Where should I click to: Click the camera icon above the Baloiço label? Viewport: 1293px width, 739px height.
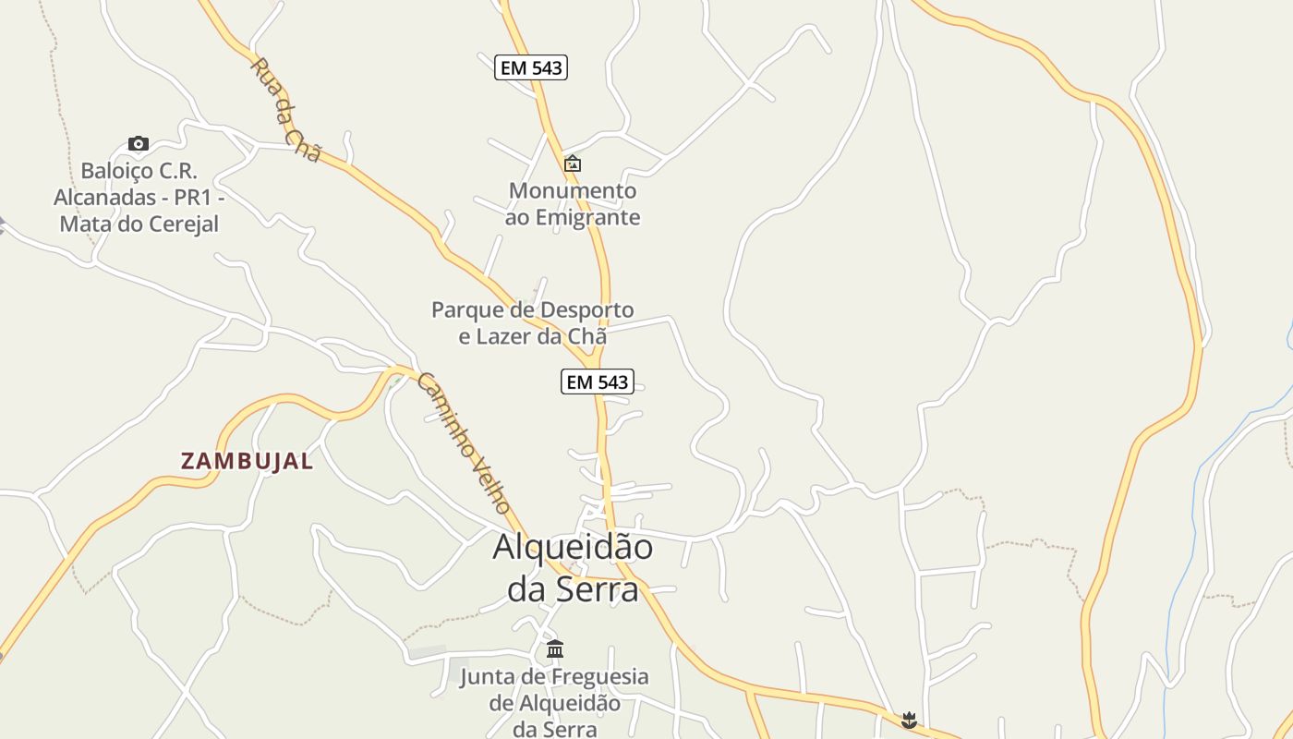pos(139,143)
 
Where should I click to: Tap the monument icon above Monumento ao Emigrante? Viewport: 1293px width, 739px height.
pos(573,164)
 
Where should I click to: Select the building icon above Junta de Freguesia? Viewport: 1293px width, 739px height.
pos(555,648)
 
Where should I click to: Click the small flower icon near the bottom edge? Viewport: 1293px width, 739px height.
pos(909,719)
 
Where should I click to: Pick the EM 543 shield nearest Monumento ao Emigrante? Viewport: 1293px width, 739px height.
pos(530,67)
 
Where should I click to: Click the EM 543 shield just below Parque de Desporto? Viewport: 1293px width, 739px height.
pos(597,382)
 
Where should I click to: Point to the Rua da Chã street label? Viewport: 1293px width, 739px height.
pos(285,110)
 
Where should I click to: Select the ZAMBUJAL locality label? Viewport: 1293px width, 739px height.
pos(247,461)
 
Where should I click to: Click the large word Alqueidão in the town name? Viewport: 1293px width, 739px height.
pos(573,547)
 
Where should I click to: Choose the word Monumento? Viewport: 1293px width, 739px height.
pos(573,191)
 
